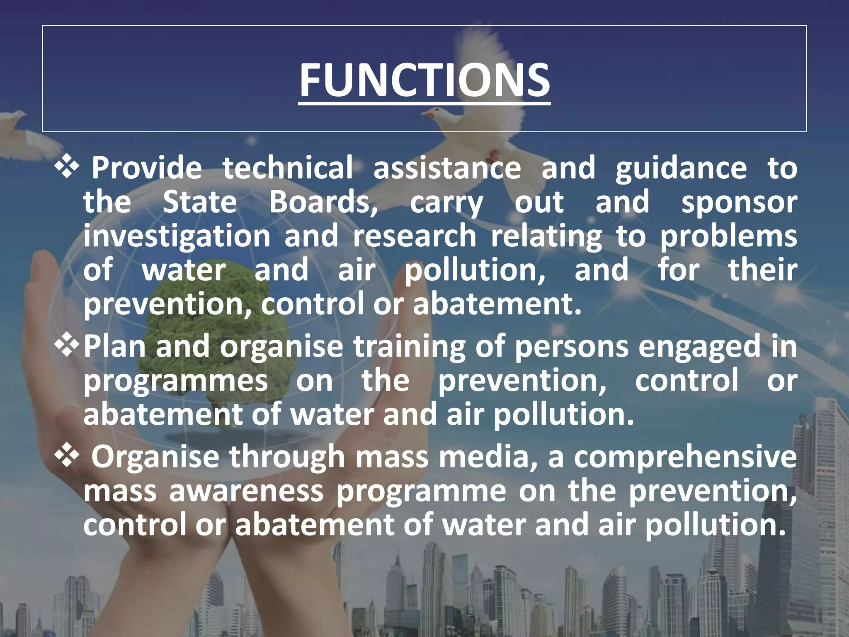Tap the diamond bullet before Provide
pyautogui.click(x=67, y=168)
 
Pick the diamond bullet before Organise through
pyautogui.click(x=67, y=457)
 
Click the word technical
pyautogui.click(x=288, y=168)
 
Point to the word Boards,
pyautogui.click(x=323, y=202)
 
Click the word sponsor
pyautogui.click(x=739, y=202)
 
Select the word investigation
pyautogui.click(x=177, y=236)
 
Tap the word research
pyautogui.click(x=415, y=236)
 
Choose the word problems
pyautogui.click(x=728, y=236)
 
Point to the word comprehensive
pyautogui.click(x=685, y=457)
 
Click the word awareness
pyautogui.click(x=246, y=491)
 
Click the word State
pyautogui.click(x=199, y=202)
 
